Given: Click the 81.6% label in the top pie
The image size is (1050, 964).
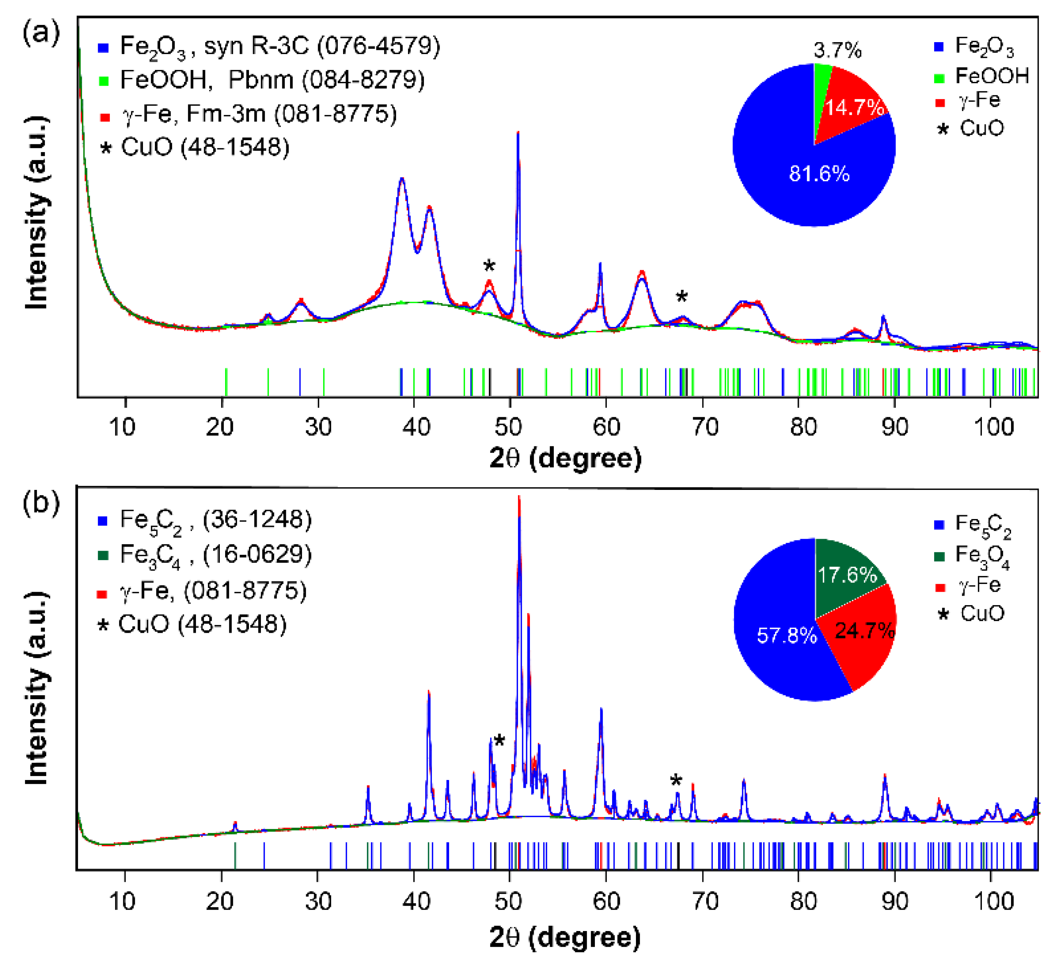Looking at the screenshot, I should click(x=819, y=174).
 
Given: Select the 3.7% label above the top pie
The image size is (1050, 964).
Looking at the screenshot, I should click(x=837, y=51).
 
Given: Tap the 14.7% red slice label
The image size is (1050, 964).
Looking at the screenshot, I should click(x=854, y=108).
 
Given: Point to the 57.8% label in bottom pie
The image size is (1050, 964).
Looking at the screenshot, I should click(x=787, y=635).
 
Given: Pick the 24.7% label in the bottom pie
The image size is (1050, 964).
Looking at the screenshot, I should click(x=864, y=631).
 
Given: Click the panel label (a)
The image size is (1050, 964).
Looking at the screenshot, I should click(x=41, y=33).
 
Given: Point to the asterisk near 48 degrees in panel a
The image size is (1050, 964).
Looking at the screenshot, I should click(x=489, y=266).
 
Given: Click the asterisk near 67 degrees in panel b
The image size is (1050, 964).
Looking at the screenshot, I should click(x=676, y=781).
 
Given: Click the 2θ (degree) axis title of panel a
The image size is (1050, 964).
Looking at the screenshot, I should click(x=565, y=458).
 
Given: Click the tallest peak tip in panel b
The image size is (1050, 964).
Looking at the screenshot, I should click(x=518, y=497).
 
